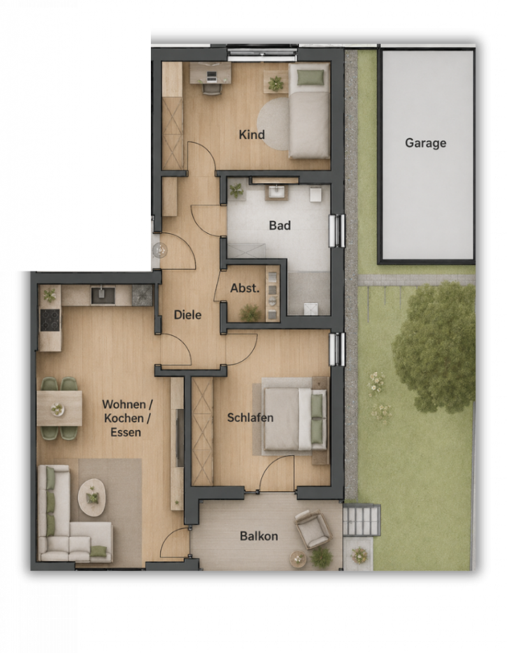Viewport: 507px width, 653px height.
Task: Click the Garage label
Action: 425,143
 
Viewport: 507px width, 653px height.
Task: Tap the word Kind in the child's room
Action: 252,135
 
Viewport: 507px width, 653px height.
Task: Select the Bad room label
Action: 280,225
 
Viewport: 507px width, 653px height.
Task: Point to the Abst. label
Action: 245,288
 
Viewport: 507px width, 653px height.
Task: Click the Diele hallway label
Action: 188,314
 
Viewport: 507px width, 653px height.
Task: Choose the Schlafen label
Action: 250,417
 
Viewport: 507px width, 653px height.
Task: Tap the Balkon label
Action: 259,536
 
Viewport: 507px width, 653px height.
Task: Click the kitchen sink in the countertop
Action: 103,295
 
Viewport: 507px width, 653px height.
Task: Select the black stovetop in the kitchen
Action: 50,319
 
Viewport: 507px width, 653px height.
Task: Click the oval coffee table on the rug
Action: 92,497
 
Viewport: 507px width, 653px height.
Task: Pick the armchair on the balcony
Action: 313,529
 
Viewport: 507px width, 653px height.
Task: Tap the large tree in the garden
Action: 433,348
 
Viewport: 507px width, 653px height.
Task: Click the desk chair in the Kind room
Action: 212,89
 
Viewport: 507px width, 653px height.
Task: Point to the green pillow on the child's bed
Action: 310,77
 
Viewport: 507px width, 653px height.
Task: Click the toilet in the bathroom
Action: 316,194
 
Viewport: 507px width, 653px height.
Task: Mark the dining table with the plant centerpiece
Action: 59,408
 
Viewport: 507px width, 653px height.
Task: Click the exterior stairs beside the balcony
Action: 361,520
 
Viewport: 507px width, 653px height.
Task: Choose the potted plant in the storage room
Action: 250,312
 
